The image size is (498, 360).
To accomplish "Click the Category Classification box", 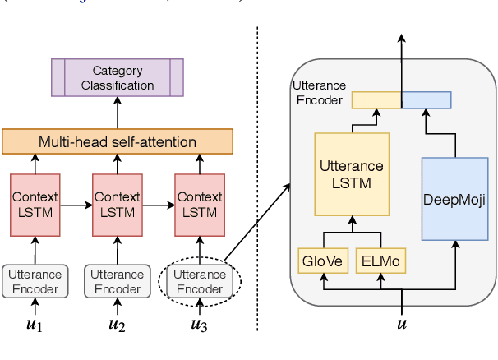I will pos(118,78).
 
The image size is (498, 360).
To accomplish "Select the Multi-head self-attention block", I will pos(118,141).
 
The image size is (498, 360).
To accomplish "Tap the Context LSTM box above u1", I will pos(35,205).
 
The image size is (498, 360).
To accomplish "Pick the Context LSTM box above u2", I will pos(118,205).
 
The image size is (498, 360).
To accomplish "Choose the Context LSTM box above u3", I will pos(200,205).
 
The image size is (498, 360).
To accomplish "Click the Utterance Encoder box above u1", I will pos(35,281).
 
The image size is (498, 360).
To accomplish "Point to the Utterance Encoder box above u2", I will pos(118,281).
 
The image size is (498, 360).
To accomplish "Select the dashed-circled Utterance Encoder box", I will pos(200,281).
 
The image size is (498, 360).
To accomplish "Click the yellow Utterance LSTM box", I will pos(352,173).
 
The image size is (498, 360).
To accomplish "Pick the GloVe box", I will pos(322,261).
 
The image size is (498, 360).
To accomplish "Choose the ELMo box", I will pos(380,261).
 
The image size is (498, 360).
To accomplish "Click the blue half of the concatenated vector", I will pos(427,100).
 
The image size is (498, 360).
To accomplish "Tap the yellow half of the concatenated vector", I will pos(376,100).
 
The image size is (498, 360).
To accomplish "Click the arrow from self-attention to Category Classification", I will pos(118,111).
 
